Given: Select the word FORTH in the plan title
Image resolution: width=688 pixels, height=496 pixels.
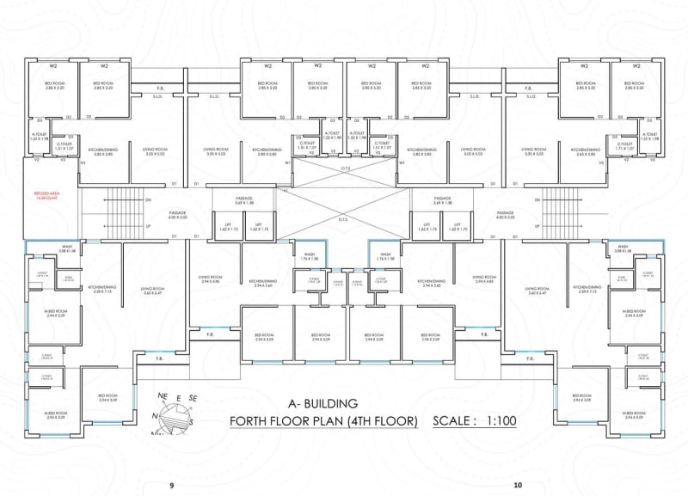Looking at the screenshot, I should (249, 421).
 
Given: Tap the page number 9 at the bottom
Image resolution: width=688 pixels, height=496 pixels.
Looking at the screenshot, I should (172, 487).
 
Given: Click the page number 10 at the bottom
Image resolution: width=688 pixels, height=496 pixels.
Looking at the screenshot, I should (518, 487).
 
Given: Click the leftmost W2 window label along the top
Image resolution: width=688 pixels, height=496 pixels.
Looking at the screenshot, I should (52, 65).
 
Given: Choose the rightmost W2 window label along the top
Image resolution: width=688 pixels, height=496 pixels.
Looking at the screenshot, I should (637, 65).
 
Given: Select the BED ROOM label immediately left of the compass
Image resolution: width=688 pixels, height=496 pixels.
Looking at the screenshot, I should (107, 398).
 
